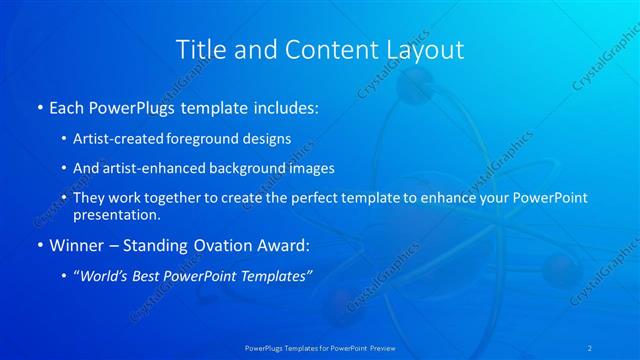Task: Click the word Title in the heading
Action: (201, 49)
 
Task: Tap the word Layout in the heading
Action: (417, 49)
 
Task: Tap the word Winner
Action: (76, 245)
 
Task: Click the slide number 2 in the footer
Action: (590, 347)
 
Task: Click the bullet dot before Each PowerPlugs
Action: (39, 107)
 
